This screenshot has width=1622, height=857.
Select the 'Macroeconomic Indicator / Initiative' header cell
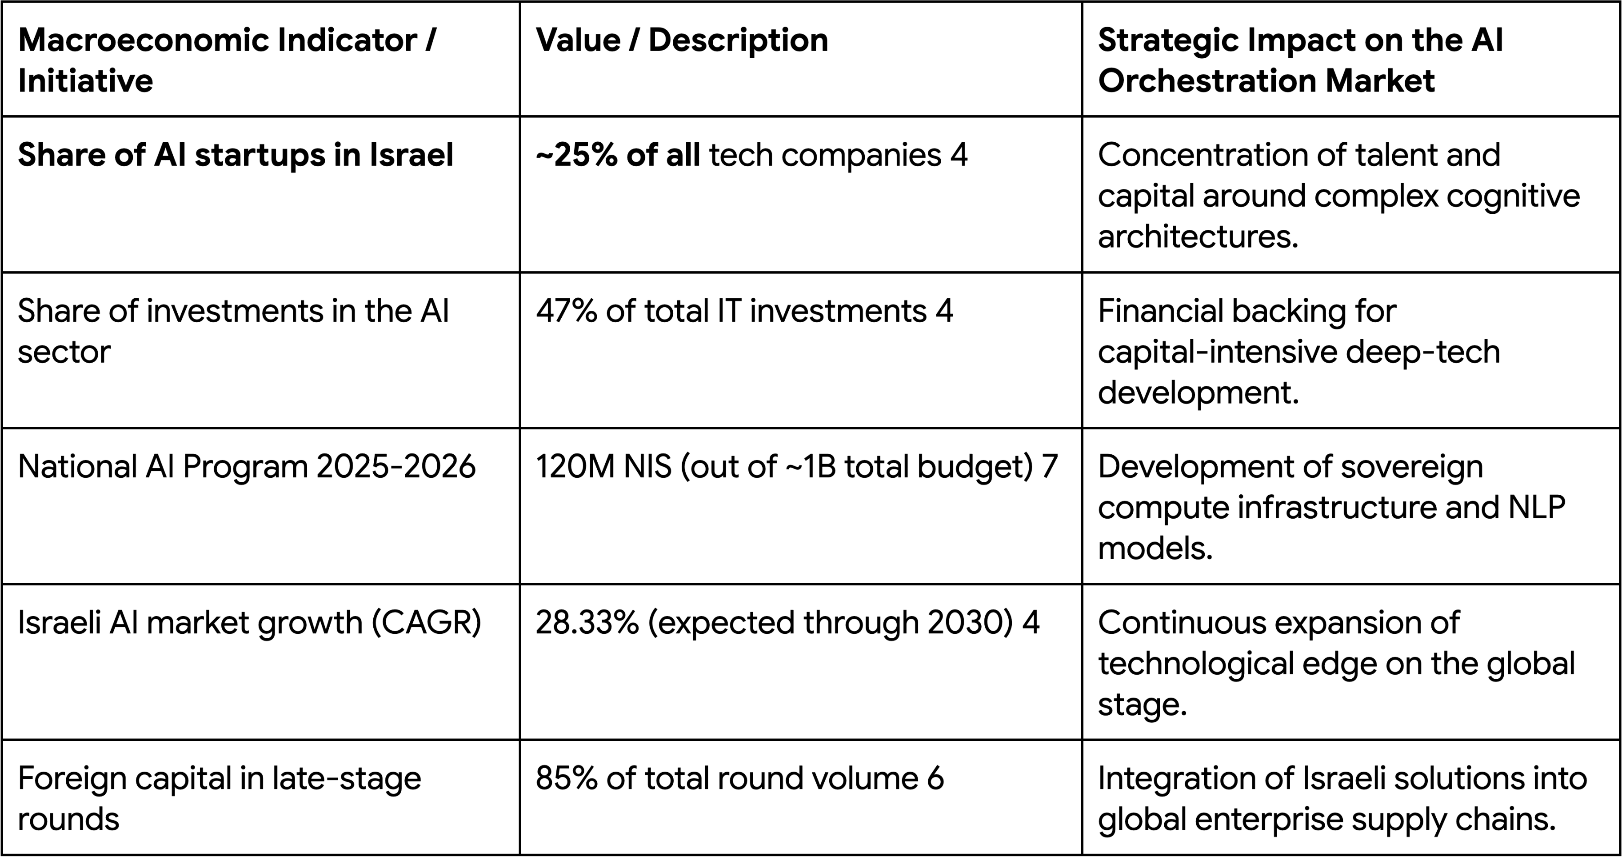point(227,60)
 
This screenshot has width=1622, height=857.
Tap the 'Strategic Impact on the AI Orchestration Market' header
point(1300,60)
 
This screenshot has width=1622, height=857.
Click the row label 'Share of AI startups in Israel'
point(236,155)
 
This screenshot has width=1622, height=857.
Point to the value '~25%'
point(576,155)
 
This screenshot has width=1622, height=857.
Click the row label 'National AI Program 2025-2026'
point(246,467)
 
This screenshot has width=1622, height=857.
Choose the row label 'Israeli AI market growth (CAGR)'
point(249,623)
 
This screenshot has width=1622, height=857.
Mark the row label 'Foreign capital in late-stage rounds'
point(219,798)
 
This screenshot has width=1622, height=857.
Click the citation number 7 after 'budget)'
point(1049,467)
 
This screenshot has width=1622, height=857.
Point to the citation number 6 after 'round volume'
point(935,778)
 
